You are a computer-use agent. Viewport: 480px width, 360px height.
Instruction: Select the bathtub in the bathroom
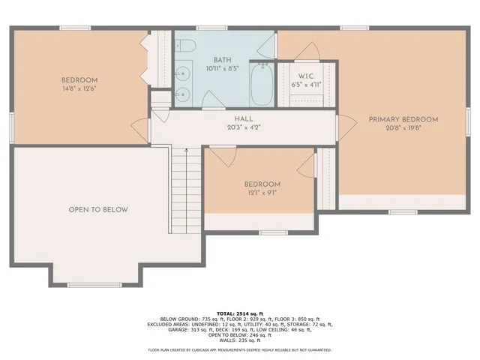click(262, 84)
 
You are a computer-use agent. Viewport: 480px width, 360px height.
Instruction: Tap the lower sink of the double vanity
click(183, 94)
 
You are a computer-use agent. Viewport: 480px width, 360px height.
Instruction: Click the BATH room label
click(222, 60)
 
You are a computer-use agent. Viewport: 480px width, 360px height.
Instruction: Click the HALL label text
click(243, 118)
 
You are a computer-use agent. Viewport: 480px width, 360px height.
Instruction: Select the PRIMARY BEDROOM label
click(403, 118)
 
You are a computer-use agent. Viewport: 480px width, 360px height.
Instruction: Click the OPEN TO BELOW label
click(98, 209)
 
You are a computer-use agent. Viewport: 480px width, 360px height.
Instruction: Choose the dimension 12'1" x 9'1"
click(262, 193)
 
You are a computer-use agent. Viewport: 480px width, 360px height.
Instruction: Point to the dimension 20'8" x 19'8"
click(403, 128)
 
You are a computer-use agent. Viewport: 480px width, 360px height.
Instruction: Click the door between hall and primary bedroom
click(344, 127)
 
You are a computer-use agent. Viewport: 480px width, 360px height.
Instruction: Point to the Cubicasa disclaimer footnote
click(239, 349)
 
